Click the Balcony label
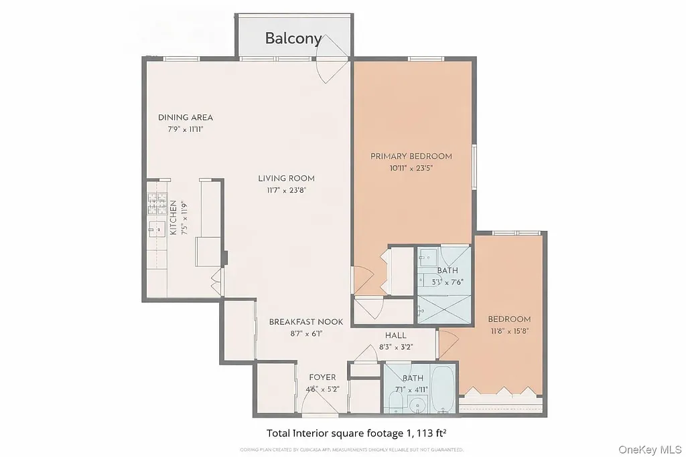coord(293,38)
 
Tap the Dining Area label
coord(186,118)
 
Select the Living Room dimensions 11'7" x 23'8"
coord(286,190)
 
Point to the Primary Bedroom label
coord(411,157)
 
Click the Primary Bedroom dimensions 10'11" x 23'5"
coord(411,169)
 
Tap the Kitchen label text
coord(173,217)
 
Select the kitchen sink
coord(157,230)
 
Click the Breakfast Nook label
coord(305,322)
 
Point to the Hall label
coord(395,335)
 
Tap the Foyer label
coord(322,377)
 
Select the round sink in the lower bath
coord(418,404)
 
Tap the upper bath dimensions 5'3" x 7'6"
coord(448,282)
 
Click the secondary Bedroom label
coord(509,319)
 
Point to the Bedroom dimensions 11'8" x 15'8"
coord(509,331)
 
